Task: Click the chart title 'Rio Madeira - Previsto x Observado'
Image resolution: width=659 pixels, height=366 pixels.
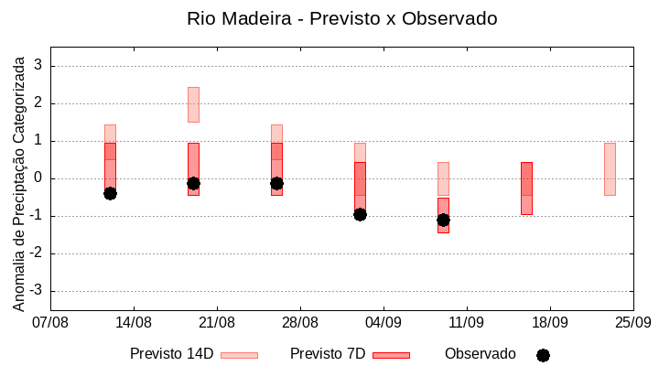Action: (x=341, y=18)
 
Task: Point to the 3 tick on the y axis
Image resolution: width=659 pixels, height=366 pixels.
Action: (x=38, y=66)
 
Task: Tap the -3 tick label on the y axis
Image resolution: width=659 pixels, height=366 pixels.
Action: (x=36, y=291)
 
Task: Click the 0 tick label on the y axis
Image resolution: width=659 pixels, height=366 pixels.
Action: (x=38, y=178)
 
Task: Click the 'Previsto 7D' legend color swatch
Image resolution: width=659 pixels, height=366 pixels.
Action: (x=391, y=355)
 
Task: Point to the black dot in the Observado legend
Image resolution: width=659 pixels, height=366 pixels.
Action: (x=543, y=355)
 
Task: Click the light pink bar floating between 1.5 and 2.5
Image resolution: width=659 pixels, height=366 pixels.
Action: (x=193, y=104)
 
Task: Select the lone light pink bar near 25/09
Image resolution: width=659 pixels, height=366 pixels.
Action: (x=610, y=169)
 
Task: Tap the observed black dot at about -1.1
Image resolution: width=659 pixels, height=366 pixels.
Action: (x=443, y=220)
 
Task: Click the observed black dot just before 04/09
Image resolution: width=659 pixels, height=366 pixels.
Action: (x=360, y=214)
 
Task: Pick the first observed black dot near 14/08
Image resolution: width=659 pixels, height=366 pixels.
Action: (x=110, y=193)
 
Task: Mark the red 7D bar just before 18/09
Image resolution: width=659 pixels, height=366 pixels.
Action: (x=526, y=188)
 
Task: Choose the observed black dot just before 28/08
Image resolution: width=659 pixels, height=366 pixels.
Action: (x=276, y=183)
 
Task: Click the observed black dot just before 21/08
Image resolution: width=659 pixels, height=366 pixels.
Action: (x=193, y=183)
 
